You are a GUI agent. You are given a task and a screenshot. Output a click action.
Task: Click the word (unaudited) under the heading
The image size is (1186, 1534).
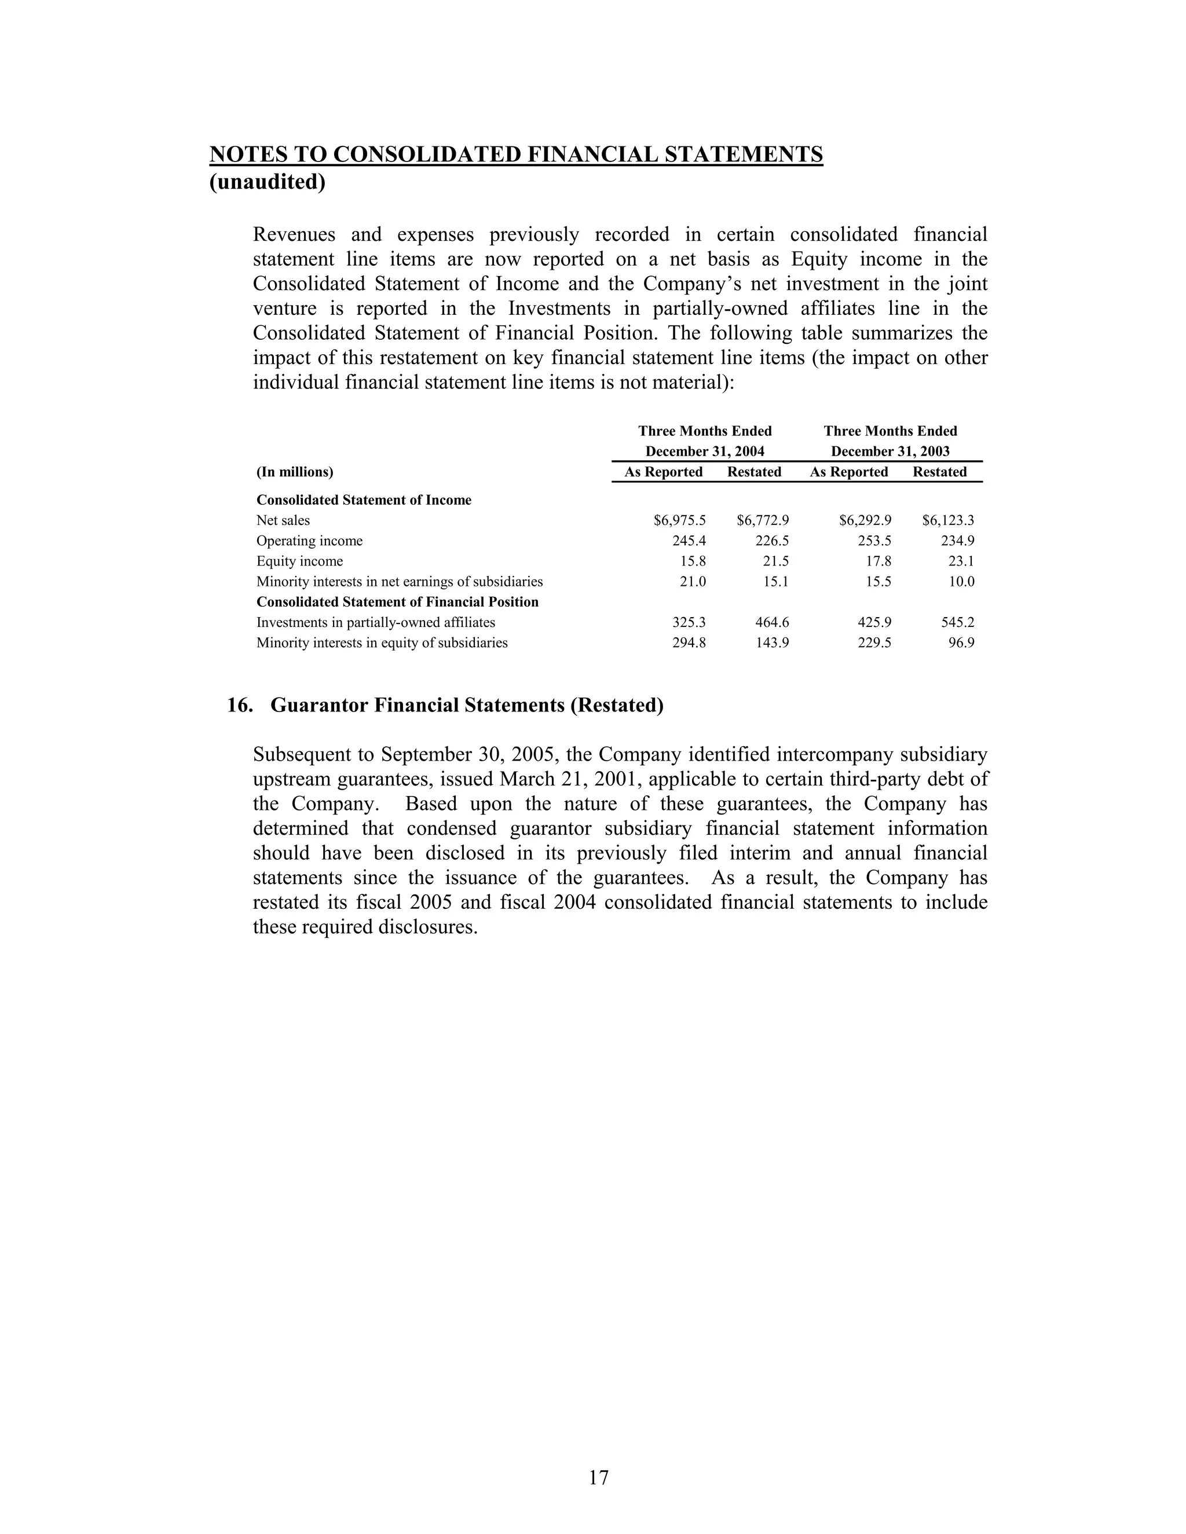pos(268,182)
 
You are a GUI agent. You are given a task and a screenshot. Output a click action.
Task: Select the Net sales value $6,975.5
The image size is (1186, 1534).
pos(679,520)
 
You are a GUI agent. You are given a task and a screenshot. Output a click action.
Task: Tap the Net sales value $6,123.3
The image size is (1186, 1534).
pos(948,520)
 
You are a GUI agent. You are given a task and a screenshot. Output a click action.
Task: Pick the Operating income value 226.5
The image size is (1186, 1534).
pos(771,541)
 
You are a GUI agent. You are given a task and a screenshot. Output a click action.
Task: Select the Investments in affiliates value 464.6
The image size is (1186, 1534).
pos(771,622)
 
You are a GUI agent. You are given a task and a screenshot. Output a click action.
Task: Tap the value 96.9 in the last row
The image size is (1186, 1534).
pos(961,643)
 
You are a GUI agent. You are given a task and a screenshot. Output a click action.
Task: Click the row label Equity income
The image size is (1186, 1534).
pos(299,561)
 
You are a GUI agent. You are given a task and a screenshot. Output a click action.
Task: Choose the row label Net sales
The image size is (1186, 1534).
pos(283,520)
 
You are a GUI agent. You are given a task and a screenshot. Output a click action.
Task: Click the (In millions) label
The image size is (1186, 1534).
pos(294,472)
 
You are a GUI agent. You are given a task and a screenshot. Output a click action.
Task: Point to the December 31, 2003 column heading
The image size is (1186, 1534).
pos(890,451)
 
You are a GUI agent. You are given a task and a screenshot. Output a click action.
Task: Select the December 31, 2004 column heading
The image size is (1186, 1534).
pos(705,451)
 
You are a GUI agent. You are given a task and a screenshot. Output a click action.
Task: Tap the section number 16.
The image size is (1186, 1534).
pos(240,705)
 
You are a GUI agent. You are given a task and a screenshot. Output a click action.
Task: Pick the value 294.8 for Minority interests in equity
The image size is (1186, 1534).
pos(689,643)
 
